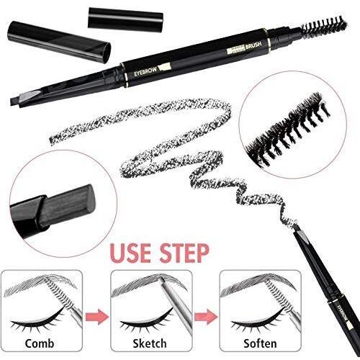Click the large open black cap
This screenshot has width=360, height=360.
[x=58, y=40]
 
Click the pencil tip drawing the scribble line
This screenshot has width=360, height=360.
[x=302, y=233]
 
